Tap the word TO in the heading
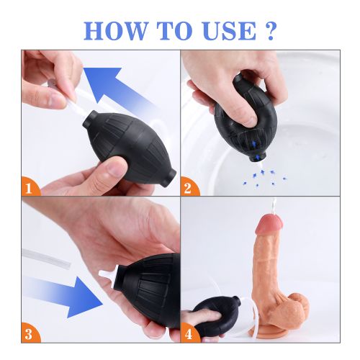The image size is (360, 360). pyautogui.click(x=174, y=31)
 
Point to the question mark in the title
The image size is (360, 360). pyautogui.click(x=270, y=31)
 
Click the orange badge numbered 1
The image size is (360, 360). pyautogui.click(x=30, y=186)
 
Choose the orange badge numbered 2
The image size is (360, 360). pyautogui.click(x=189, y=186)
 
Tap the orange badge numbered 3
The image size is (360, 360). pyautogui.click(x=30, y=333)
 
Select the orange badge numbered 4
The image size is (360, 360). pyautogui.click(x=189, y=333)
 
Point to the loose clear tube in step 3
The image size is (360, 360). pyautogui.click(x=46, y=258)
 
